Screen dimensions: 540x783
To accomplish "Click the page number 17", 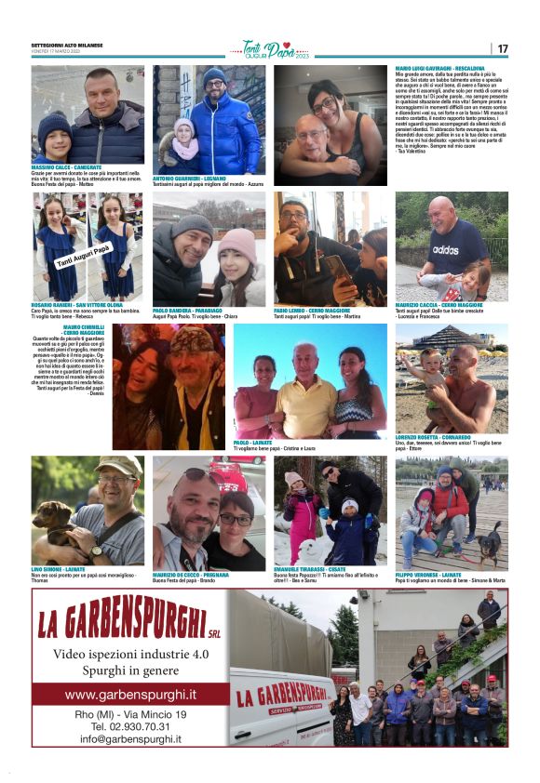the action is click(x=502, y=48).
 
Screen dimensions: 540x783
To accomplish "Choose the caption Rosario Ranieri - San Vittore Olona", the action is click(x=77, y=304).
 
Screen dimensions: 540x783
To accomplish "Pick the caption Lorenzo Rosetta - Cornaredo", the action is click(x=437, y=437).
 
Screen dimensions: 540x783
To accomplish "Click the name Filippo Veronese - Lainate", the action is click(x=436, y=574).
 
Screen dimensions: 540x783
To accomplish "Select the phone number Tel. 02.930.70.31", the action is click(x=130, y=726).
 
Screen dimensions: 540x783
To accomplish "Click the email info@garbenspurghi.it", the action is click(x=130, y=739).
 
